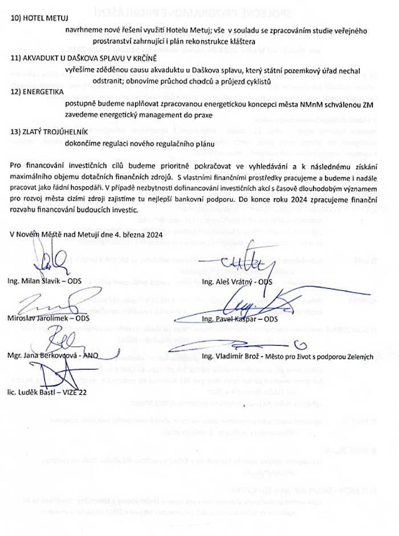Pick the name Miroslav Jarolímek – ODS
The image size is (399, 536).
45,319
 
